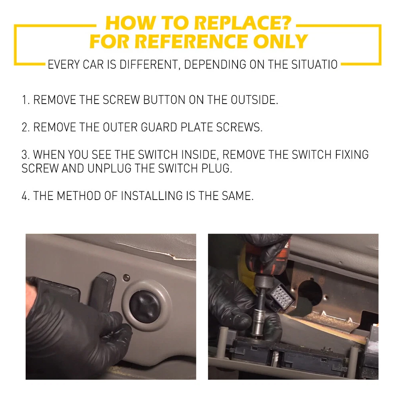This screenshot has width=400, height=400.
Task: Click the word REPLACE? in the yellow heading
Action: point(242,23)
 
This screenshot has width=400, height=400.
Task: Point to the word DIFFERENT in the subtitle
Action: point(148,64)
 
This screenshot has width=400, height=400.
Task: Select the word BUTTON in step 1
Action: point(164,100)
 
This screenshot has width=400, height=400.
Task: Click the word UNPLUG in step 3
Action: point(109,168)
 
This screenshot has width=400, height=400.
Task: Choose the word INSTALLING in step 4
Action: point(152,196)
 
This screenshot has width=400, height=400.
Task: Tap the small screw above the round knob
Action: point(126,277)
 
